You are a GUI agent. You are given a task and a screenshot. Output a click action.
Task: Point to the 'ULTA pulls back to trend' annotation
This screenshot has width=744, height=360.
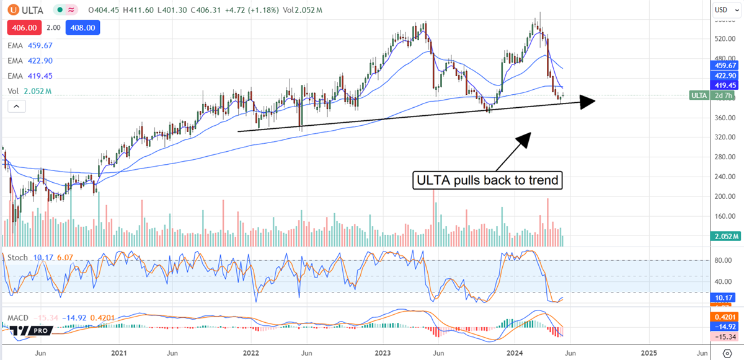pos(487,181)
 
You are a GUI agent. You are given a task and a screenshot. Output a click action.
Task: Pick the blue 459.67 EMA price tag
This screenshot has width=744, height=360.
pos(725,66)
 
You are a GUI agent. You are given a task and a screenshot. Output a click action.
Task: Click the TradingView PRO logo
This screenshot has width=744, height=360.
pos(32,331)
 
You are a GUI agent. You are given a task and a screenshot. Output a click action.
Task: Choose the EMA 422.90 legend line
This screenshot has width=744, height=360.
pos(30,61)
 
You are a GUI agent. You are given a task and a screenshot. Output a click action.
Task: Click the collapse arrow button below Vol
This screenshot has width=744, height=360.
pos(16,107)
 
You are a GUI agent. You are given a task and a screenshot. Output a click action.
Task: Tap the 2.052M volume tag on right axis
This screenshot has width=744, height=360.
pos(725,237)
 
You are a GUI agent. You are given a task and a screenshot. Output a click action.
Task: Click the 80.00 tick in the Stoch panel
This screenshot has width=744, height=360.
pos(722,261)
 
